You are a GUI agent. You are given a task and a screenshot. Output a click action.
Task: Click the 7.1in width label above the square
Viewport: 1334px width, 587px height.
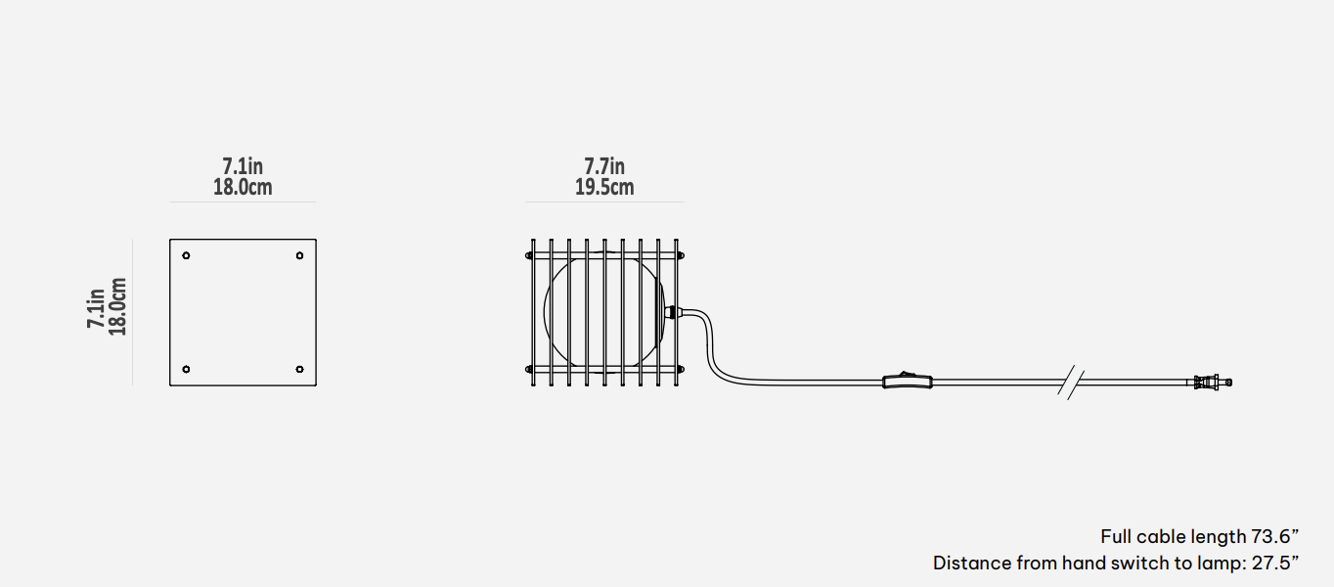(x=243, y=166)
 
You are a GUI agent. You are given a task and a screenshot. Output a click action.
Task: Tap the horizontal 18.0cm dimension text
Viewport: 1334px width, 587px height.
(x=243, y=187)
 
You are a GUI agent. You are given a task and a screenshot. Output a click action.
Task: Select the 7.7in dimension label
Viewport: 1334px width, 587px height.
(x=604, y=166)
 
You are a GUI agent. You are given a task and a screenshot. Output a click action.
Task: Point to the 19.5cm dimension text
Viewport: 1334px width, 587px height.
(x=604, y=187)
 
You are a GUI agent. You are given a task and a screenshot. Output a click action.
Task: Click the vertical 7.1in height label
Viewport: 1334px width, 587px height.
(x=97, y=307)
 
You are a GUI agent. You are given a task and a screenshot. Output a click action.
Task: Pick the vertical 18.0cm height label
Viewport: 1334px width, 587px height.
(x=117, y=307)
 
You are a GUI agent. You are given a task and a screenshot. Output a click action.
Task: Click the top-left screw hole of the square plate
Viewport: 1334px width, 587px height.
(x=187, y=256)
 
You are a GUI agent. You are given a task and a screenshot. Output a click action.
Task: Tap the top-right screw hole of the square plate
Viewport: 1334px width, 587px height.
(x=299, y=256)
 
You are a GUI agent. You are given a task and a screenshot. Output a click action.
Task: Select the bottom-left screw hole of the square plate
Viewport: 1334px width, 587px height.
(x=187, y=369)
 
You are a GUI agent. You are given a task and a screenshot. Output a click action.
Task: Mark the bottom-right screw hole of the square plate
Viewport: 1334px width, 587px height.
(x=299, y=369)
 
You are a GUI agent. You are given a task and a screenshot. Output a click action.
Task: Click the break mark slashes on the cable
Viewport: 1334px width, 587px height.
(x=1072, y=382)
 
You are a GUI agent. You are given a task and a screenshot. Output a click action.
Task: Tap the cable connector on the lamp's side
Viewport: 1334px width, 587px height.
(x=672, y=313)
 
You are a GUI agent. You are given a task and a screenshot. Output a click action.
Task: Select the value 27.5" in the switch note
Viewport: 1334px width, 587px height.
(x=1274, y=563)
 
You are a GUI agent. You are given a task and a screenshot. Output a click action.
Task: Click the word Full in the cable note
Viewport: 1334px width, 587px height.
(x=1116, y=536)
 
